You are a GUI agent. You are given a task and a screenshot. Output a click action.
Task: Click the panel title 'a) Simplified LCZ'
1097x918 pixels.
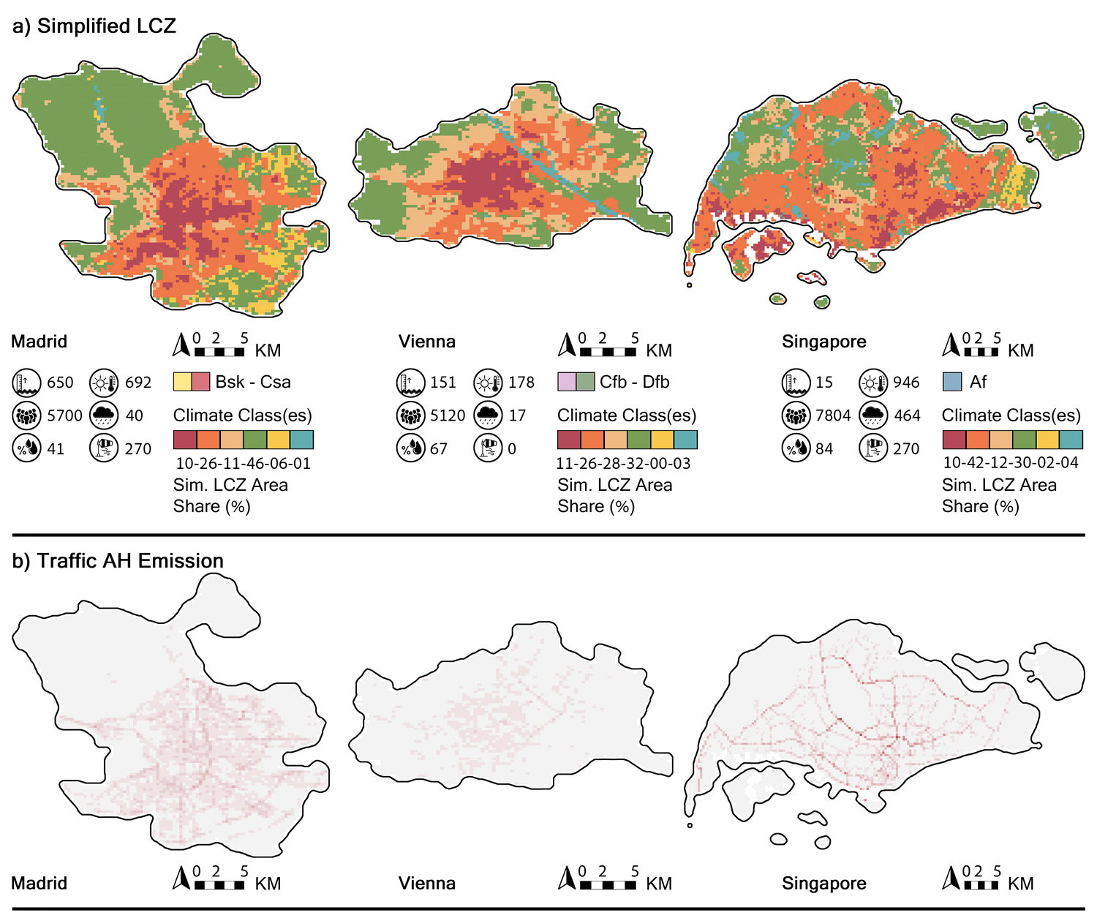click(94, 26)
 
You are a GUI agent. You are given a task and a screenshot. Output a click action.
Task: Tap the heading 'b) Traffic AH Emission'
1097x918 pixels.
click(118, 561)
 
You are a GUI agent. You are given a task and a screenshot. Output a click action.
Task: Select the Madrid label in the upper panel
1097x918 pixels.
click(39, 342)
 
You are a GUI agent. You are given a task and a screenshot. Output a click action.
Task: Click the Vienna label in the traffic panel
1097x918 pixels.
click(426, 883)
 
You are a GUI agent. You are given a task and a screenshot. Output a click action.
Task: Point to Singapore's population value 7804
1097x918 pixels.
click(833, 415)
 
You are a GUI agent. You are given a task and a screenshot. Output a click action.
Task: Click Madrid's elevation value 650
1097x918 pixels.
click(61, 382)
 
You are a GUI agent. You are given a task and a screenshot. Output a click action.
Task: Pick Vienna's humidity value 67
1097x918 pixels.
click(439, 448)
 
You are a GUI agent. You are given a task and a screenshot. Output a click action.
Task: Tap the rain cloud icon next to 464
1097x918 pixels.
click(873, 415)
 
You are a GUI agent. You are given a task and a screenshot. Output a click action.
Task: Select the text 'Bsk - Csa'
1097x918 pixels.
click(253, 382)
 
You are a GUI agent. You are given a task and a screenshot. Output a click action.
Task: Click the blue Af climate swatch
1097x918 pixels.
click(952, 382)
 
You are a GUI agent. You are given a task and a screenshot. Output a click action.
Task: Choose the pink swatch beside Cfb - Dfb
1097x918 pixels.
click(567, 382)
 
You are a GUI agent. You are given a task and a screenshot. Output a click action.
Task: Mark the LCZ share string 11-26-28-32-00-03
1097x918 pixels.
click(623, 463)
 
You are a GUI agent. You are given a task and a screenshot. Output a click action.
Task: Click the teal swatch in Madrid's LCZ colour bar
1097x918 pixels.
click(301, 440)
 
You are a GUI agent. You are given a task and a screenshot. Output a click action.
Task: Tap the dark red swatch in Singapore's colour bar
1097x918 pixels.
click(954, 440)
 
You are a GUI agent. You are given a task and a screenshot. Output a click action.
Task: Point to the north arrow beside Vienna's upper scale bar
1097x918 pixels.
click(566, 345)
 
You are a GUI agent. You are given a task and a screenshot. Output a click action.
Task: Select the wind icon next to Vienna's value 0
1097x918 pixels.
click(488, 448)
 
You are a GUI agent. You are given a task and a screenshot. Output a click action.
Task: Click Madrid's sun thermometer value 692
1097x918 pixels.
click(138, 382)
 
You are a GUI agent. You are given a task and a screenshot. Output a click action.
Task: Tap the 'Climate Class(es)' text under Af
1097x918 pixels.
click(1011, 415)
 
